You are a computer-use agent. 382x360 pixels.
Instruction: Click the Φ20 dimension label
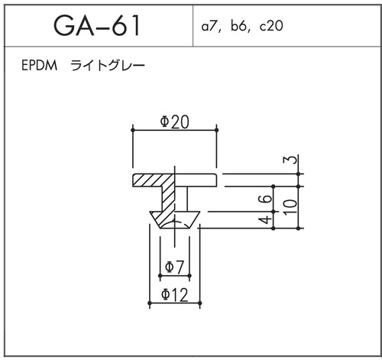pyautogui.click(x=174, y=122)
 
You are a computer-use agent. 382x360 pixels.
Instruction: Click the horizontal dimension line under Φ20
pyautogui.click(x=174, y=131)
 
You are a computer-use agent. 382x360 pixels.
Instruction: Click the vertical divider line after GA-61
pyautogui.click(x=192, y=26)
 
